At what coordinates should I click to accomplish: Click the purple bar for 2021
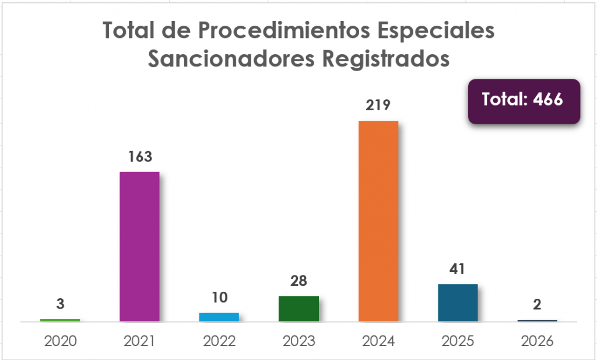click(139, 247)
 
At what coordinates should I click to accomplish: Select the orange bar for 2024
click(378, 221)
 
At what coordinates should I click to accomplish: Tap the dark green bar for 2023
click(298, 309)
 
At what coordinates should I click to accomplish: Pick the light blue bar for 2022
click(219, 317)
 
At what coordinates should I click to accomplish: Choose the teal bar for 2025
click(458, 302)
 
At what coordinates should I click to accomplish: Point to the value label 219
click(378, 105)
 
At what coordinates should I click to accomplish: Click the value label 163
click(139, 156)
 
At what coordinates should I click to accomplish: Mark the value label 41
click(458, 269)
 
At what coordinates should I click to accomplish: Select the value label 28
click(298, 281)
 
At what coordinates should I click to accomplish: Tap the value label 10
click(219, 297)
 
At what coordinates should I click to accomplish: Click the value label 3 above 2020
click(60, 303)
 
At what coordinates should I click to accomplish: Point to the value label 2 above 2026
click(538, 304)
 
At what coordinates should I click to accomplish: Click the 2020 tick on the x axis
click(60, 341)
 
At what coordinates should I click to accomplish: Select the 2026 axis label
click(538, 341)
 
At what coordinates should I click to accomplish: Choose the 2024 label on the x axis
click(378, 341)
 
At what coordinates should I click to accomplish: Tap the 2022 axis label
click(219, 341)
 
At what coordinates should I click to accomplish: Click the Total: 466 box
click(524, 100)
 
